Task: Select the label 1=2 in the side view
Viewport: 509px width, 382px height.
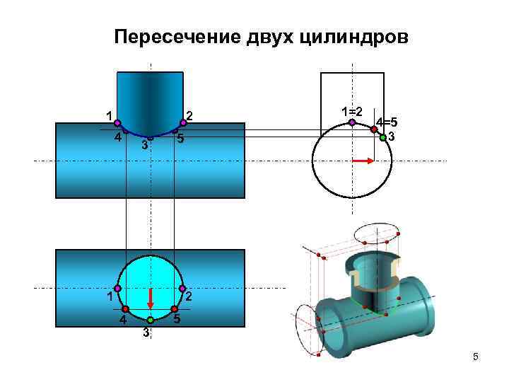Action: [x=351, y=112]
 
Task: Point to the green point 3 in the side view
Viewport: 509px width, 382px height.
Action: [x=382, y=138]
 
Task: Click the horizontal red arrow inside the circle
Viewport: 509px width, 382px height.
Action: [x=361, y=161]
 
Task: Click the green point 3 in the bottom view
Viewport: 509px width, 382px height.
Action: [x=150, y=320]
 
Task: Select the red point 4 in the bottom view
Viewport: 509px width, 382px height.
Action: [x=125, y=309]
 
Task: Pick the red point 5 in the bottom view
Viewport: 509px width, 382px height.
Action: [x=174, y=309]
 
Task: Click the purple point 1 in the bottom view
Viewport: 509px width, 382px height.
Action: [x=118, y=289]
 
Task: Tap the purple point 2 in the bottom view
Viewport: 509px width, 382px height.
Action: [x=182, y=289]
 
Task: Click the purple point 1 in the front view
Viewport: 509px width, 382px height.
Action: [x=117, y=122]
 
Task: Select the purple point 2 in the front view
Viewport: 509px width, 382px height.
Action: [x=182, y=122]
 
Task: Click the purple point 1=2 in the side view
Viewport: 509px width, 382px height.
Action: [x=352, y=122]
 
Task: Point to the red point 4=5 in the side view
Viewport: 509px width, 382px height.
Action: [x=374, y=129]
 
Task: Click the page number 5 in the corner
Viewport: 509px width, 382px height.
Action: [x=476, y=358]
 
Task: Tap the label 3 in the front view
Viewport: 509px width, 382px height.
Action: [x=144, y=146]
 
